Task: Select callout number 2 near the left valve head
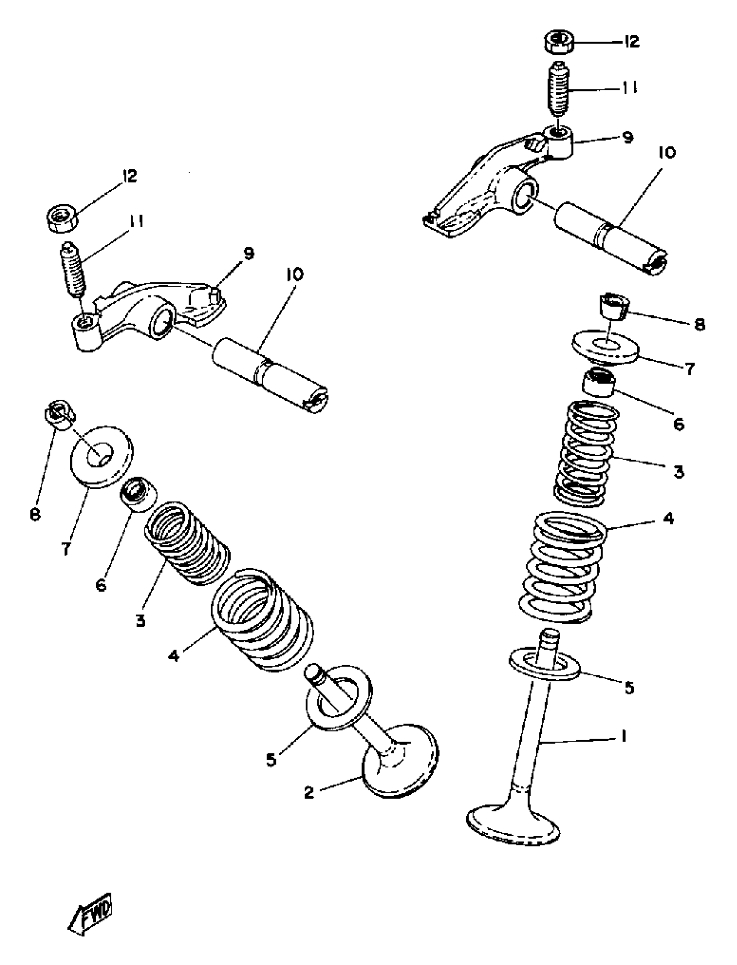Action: coord(309,792)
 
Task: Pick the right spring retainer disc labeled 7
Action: coord(605,346)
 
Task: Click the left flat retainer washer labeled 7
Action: coord(102,456)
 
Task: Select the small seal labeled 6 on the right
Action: coord(598,382)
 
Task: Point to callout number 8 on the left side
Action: coord(35,514)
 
